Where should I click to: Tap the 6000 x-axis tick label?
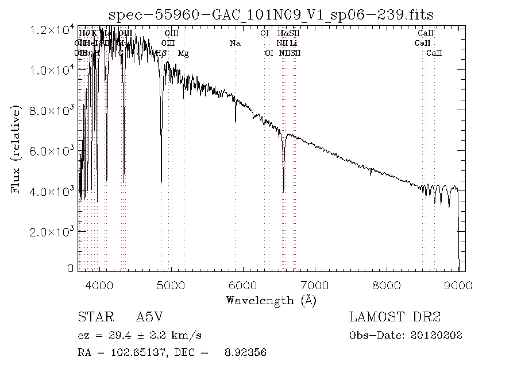[x=243, y=285]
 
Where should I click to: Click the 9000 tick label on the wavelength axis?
[x=458, y=285]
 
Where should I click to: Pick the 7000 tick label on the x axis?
[x=315, y=285]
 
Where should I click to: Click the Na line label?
[x=234, y=43]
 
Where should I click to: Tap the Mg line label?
[x=183, y=53]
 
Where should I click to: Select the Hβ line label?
[x=161, y=53]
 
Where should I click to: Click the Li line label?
[x=294, y=43]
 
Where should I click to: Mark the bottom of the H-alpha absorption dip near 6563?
[x=283, y=189]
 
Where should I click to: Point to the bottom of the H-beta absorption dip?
[x=161, y=182]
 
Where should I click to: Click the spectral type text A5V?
[x=148, y=317]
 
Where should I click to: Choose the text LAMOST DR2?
[x=395, y=317]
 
